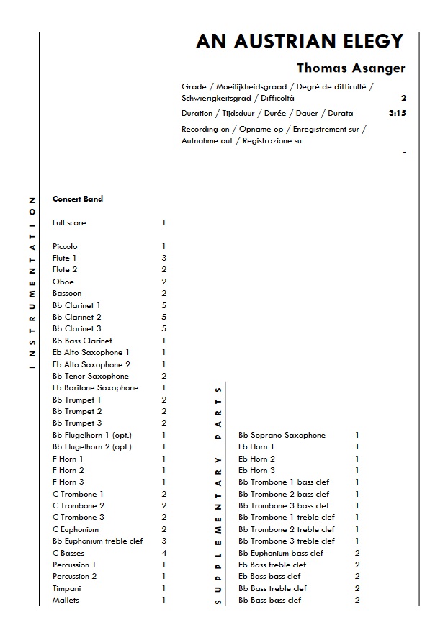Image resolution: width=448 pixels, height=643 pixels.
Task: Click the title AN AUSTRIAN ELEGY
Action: [300, 42]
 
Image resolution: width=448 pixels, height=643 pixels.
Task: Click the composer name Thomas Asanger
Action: [351, 68]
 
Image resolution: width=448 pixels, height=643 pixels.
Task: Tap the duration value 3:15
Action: [397, 113]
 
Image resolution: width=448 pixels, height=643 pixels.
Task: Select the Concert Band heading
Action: [78, 199]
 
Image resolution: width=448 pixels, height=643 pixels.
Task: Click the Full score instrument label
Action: [69, 223]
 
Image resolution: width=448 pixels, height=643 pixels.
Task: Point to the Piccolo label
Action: [65, 246]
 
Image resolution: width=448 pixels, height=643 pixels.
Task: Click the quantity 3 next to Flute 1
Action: [164, 258]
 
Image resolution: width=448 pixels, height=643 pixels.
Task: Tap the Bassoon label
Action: [67, 293]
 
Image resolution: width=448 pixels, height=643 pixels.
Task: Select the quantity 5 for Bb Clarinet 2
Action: [164, 317]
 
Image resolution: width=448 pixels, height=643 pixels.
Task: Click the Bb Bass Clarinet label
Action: [82, 341]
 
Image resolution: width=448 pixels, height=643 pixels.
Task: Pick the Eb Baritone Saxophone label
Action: [95, 387]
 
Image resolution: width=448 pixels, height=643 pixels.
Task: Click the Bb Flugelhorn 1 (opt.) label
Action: [92, 435]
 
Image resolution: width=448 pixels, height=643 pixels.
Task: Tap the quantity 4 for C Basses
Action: [164, 553]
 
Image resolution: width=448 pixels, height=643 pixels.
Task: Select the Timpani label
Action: [66, 588]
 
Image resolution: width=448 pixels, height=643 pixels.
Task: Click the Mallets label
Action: [66, 600]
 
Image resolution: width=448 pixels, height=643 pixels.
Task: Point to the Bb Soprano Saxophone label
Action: [282, 435]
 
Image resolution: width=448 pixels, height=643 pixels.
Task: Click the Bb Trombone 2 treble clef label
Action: [287, 529]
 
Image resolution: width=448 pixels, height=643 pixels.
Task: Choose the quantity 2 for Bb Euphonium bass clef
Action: [357, 553]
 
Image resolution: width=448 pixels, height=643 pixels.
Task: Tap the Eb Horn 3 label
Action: [256, 470]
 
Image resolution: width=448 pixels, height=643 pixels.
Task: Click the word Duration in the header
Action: [197, 113]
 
